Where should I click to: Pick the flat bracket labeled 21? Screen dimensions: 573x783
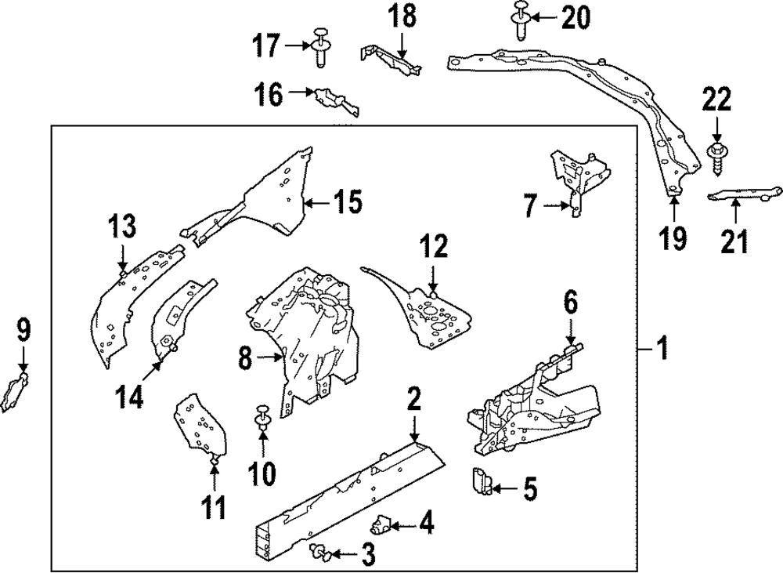(x=744, y=193)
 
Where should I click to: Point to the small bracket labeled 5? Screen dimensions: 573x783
(x=481, y=481)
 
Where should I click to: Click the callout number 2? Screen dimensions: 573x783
(x=414, y=399)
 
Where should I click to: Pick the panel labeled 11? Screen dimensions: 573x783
(x=200, y=423)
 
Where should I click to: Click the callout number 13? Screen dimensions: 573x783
(x=122, y=227)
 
